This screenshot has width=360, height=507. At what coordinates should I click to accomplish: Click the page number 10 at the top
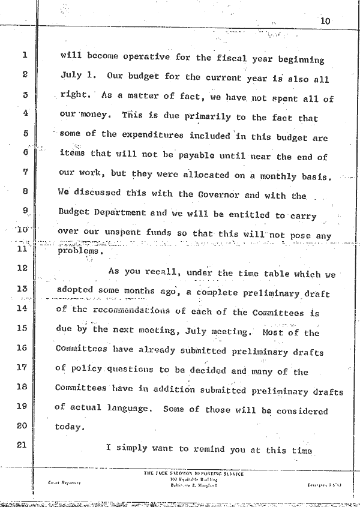pyautogui.click(x=325, y=21)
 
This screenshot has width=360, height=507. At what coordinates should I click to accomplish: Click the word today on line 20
pyautogui.click(x=69, y=427)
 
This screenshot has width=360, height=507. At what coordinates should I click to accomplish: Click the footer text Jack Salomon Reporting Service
pyautogui.click(x=193, y=473)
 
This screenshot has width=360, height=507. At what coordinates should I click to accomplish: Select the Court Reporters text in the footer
pyautogui.click(x=58, y=481)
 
